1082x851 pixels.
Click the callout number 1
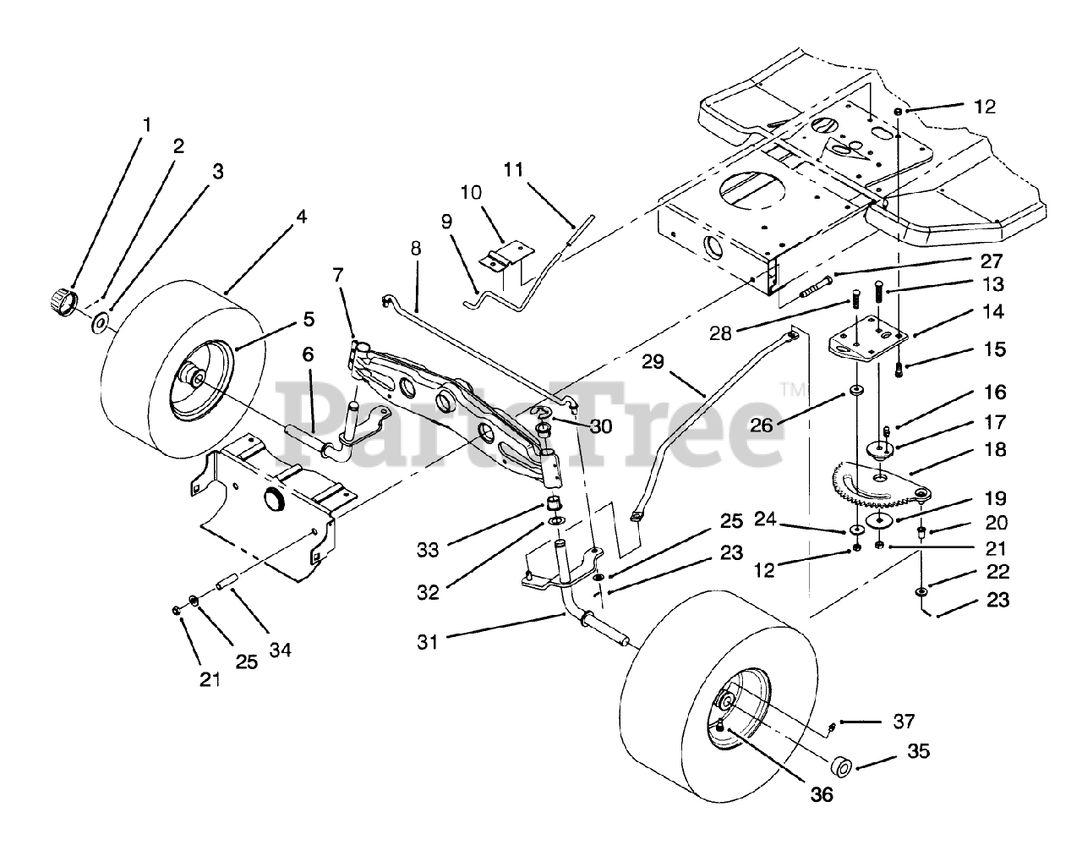(x=147, y=124)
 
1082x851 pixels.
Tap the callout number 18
(x=995, y=449)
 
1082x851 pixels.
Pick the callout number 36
(x=821, y=794)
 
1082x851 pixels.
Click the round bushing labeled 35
(x=842, y=767)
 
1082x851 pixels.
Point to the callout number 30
(x=600, y=426)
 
